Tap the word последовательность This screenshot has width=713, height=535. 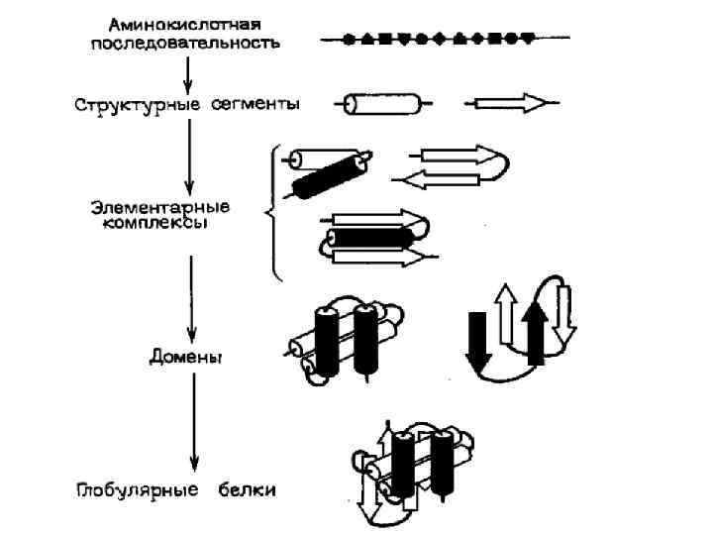click(x=187, y=43)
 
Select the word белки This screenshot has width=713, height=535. click(x=248, y=490)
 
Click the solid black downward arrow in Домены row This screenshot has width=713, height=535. click(x=477, y=342)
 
